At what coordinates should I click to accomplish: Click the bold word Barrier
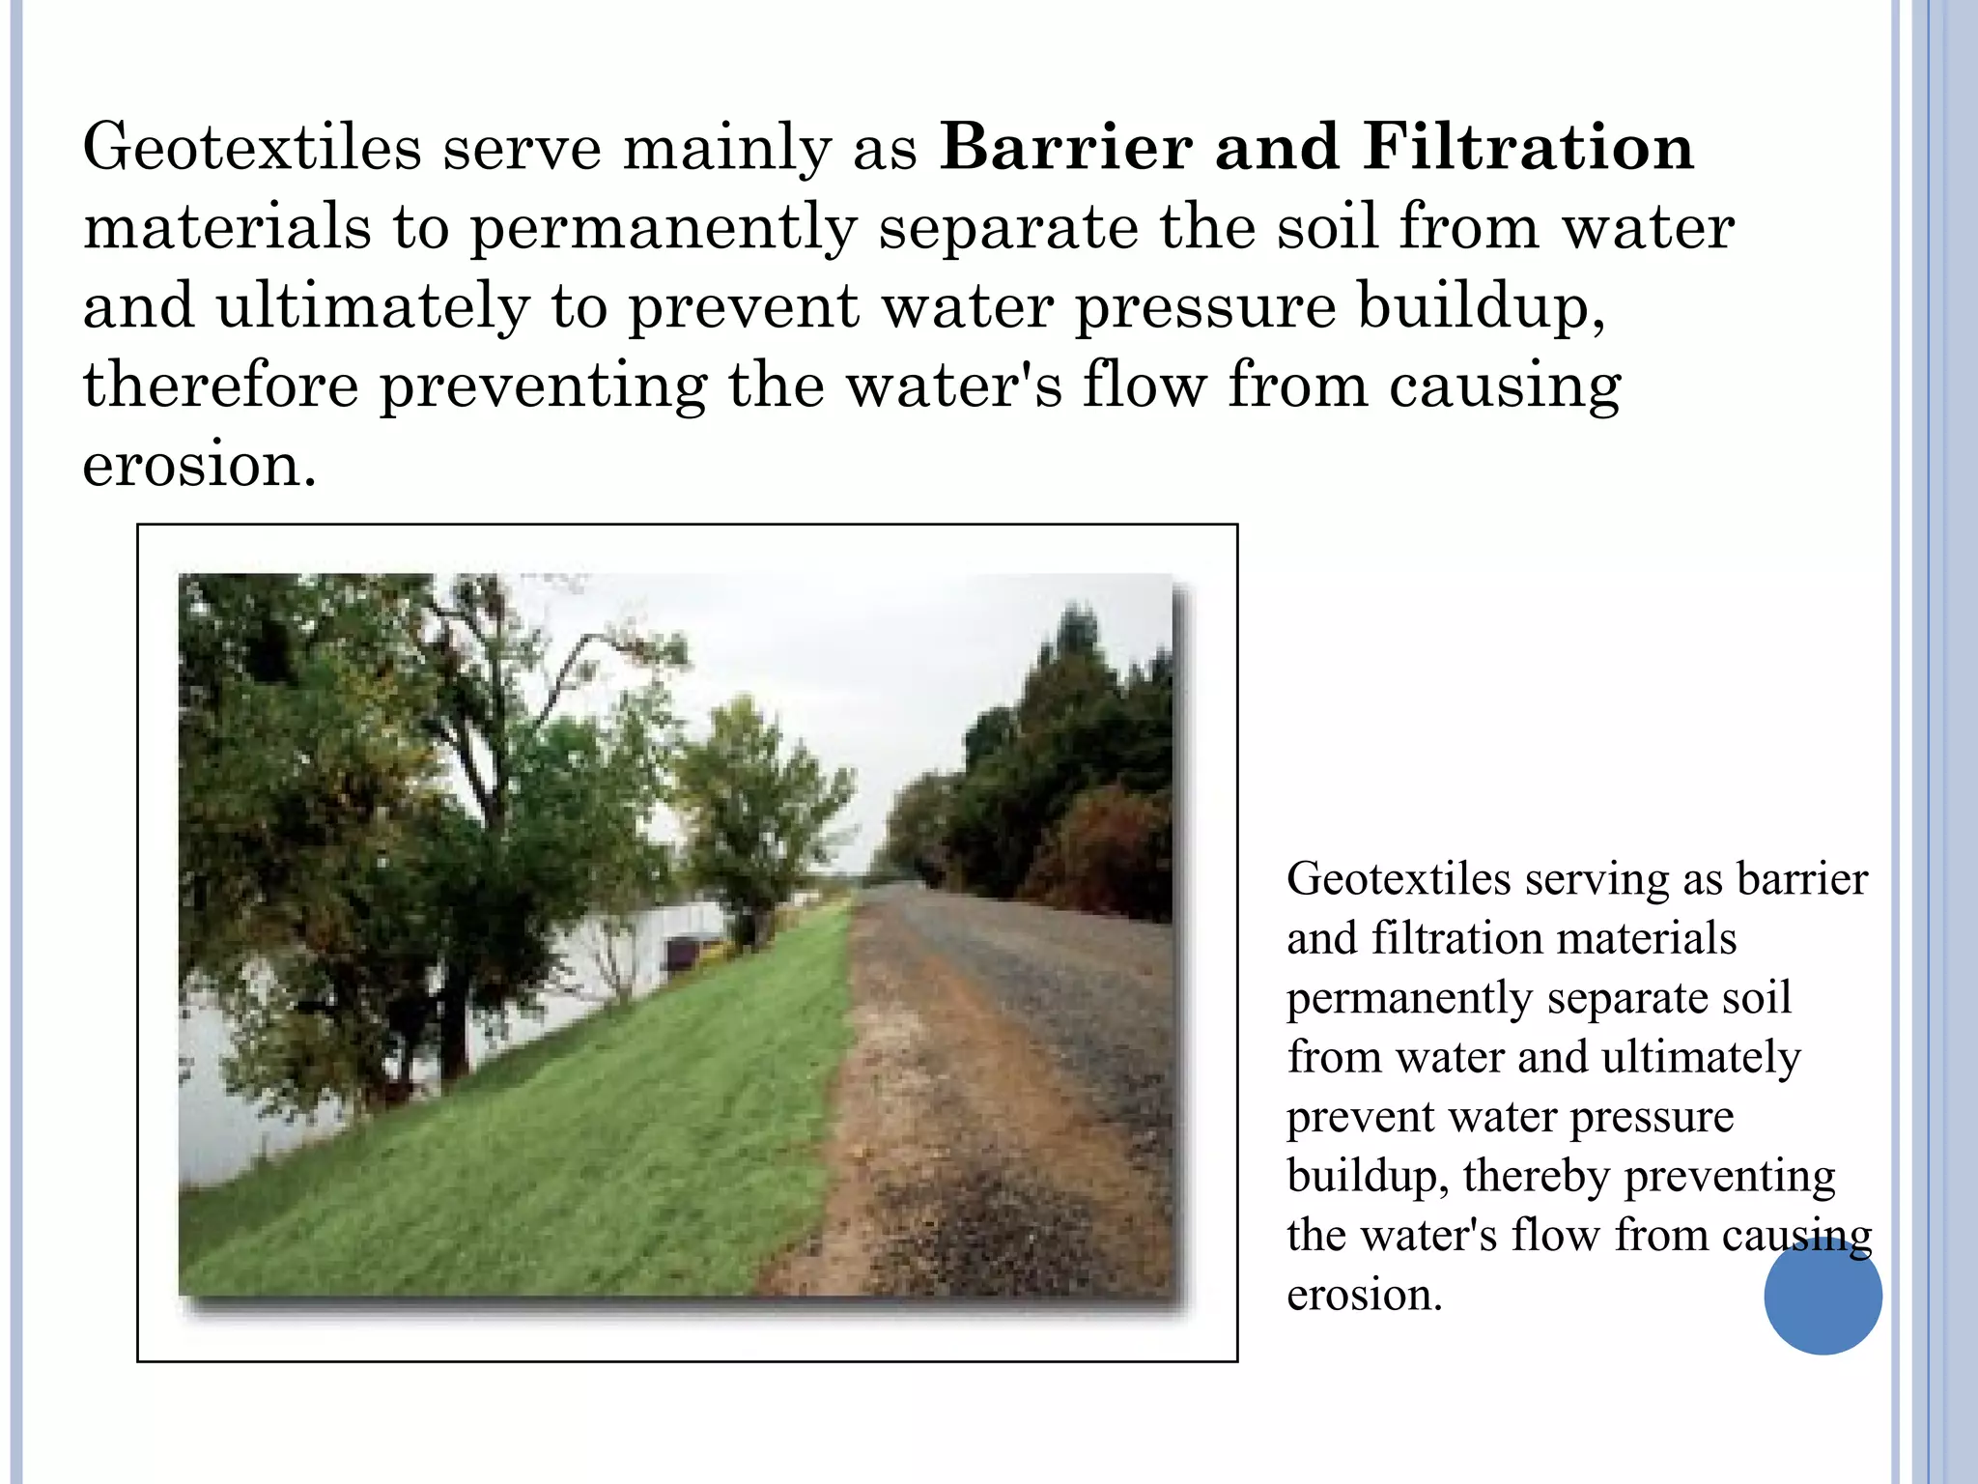[1065, 147]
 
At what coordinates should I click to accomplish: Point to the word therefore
[220, 385]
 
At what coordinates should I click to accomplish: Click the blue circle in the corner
[1823, 1296]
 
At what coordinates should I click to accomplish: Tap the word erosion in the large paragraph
[198, 465]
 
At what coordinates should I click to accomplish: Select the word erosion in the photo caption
[1363, 1296]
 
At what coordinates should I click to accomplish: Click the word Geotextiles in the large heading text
[252, 147]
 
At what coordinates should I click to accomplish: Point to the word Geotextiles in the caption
[1399, 879]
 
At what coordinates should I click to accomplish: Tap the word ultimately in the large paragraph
[373, 306]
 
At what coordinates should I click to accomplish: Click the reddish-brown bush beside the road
[1101, 855]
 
